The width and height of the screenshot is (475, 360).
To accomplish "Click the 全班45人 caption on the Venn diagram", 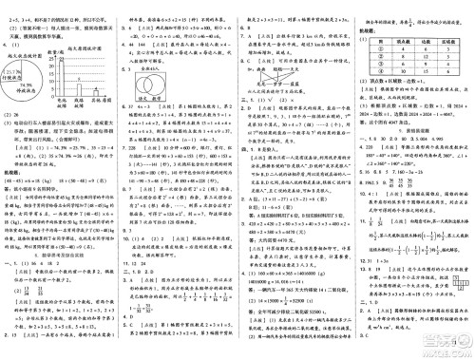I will click(x=151, y=66).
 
